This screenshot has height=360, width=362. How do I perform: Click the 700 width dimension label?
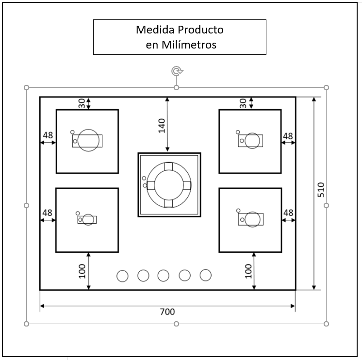click(167, 312)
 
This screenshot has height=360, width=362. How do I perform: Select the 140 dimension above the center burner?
click(162, 125)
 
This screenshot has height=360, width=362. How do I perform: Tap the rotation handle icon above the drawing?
click(177, 71)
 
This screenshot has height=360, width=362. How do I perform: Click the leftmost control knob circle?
click(123, 276)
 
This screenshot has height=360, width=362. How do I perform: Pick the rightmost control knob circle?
click(206, 275)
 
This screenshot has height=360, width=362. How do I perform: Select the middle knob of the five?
click(164, 276)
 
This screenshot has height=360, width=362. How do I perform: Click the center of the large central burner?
click(169, 185)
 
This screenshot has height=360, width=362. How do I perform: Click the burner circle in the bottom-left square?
click(88, 219)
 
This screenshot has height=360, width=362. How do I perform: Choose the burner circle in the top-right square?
click(252, 141)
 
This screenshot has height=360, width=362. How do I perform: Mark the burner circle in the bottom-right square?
click(252, 219)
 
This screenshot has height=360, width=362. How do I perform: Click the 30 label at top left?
click(82, 103)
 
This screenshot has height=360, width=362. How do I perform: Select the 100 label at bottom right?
click(248, 271)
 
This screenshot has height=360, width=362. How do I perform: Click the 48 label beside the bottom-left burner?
click(47, 213)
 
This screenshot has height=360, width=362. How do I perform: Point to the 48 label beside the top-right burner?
click(288, 136)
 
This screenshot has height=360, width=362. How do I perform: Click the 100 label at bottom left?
click(82, 271)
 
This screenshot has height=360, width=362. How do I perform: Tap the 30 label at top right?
click(243, 103)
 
